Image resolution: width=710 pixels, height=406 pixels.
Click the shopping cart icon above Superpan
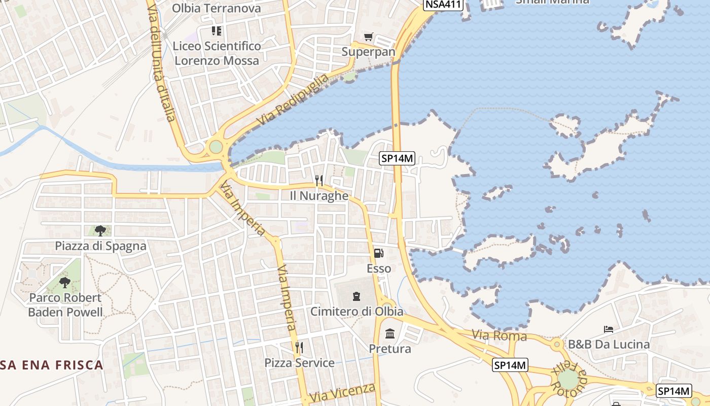click(369, 37)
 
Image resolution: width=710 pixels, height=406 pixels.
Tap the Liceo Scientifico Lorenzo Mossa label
click(217, 53)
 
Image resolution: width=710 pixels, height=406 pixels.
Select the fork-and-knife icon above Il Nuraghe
click(319, 180)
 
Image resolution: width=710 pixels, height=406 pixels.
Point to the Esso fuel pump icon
click(379, 253)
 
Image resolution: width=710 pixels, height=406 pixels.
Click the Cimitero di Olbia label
click(357, 311)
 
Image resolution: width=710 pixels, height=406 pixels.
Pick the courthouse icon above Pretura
click(390, 334)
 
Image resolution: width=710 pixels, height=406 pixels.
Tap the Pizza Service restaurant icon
click(299, 348)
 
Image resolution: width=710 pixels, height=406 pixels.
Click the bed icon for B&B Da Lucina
click(609, 329)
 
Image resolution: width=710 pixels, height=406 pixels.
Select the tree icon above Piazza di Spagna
click(100, 231)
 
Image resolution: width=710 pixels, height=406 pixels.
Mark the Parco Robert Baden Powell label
click(65, 305)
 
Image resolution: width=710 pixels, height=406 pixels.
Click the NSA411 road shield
click(443, 5)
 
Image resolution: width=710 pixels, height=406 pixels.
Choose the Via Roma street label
click(499, 335)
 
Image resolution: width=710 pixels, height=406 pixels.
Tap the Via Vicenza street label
click(343, 392)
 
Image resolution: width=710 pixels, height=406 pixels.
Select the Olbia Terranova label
click(217, 8)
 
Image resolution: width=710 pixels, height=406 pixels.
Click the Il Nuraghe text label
click(319, 195)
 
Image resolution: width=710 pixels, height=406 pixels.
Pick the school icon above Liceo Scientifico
click(217, 31)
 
